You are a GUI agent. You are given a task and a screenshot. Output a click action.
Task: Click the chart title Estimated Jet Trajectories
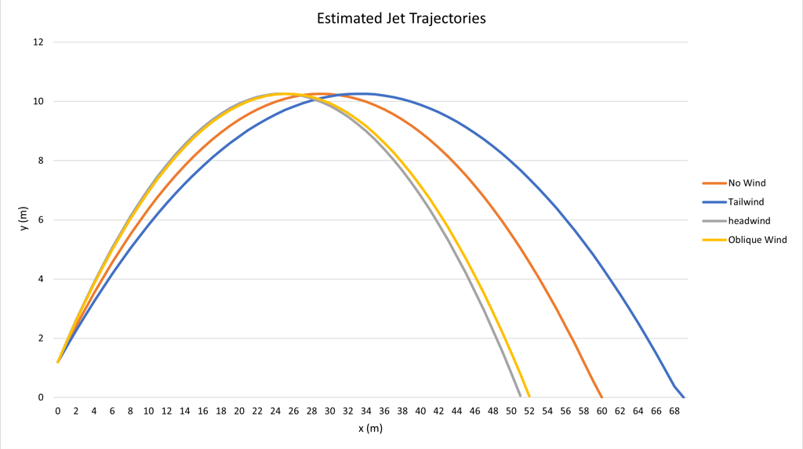coord(401,18)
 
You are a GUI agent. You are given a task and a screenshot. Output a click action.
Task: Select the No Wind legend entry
coord(747,183)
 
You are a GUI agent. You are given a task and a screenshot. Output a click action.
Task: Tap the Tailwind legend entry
coord(746,202)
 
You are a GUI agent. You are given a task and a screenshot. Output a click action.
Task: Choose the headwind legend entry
coord(748,221)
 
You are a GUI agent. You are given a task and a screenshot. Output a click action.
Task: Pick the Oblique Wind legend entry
coord(757,240)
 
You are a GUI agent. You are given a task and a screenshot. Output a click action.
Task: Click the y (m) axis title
coord(24,220)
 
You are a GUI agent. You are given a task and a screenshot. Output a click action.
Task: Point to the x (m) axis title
coord(370,429)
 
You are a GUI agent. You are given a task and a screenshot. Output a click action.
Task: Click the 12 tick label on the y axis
coord(38,42)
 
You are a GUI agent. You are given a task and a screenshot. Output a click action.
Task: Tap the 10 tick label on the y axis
coord(38,102)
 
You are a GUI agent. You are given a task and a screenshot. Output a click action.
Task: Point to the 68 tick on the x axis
coord(674,411)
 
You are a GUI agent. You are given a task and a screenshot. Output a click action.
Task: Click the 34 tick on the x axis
coord(365,411)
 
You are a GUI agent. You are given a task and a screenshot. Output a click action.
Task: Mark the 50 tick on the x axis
coord(511,411)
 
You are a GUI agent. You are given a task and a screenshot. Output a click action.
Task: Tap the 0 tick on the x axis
coord(58,411)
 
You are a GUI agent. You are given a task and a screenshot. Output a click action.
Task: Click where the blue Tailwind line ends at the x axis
coord(683,396)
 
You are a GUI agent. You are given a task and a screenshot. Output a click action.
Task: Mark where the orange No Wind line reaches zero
coord(601,396)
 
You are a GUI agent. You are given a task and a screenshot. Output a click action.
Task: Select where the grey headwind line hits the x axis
coord(520,396)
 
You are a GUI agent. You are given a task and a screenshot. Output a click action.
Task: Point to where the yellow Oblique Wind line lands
coord(529,396)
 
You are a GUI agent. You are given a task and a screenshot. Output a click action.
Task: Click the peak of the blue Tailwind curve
coord(362,94)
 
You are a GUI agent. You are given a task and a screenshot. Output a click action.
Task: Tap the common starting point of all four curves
coord(58,362)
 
